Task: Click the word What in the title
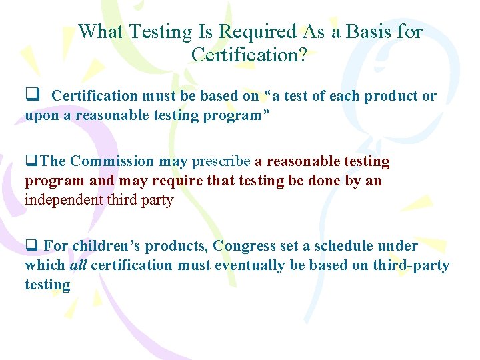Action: tap(101, 31)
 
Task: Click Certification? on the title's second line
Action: tap(249, 55)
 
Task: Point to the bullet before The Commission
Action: tap(30, 161)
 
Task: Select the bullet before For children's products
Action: tap(31, 246)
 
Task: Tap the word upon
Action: tap(42, 115)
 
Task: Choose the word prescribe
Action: tap(221, 161)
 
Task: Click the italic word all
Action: tap(78, 265)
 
